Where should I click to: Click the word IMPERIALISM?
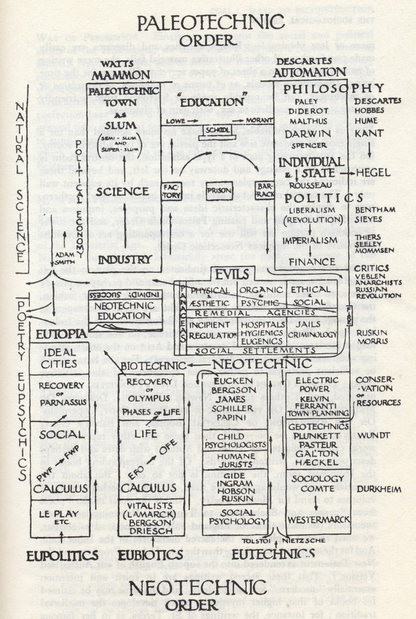pyautogui.click(x=313, y=239)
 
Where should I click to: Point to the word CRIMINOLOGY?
pyautogui.click(x=315, y=334)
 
